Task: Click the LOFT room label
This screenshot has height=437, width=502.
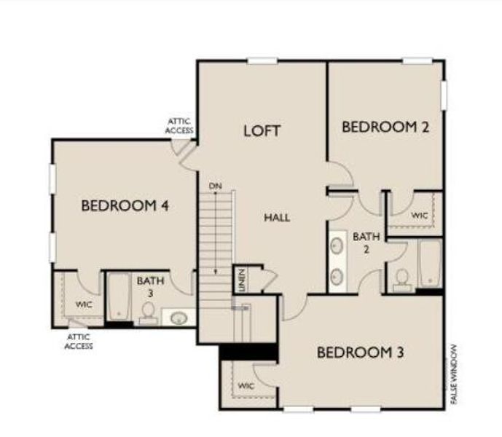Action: [262, 131]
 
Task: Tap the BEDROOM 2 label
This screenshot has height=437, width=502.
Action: [385, 127]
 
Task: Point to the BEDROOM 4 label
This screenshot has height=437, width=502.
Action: [125, 206]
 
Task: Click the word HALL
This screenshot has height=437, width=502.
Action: [277, 218]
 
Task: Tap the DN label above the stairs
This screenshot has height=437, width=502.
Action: [215, 186]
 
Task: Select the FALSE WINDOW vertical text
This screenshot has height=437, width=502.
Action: [454, 374]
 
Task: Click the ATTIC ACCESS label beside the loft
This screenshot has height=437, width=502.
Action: [180, 125]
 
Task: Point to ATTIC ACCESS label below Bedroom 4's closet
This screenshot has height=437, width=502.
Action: [79, 342]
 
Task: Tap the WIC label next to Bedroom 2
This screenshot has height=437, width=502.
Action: [418, 216]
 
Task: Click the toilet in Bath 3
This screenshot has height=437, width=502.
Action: [148, 312]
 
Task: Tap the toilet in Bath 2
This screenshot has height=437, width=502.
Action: [402, 279]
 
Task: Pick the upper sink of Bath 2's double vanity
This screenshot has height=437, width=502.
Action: [338, 245]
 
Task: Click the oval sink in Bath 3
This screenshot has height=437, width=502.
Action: [179, 318]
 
